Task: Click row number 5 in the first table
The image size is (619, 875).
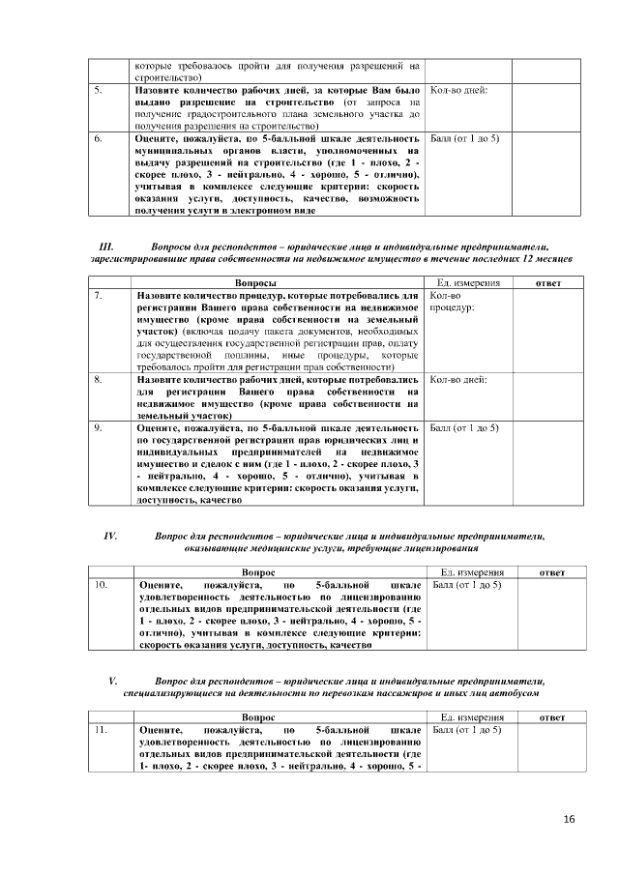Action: [x=98, y=90]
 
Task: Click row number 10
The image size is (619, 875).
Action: [x=100, y=585]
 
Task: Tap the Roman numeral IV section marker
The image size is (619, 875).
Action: [x=110, y=535]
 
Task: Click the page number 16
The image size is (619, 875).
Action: [x=569, y=820]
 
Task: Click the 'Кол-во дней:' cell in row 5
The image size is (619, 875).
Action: [x=457, y=90]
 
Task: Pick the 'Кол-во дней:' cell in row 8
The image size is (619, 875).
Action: [x=457, y=380]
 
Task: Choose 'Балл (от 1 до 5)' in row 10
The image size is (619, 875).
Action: [x=465, y=585]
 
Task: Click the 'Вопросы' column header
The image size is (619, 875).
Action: [x=264, y=281]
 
